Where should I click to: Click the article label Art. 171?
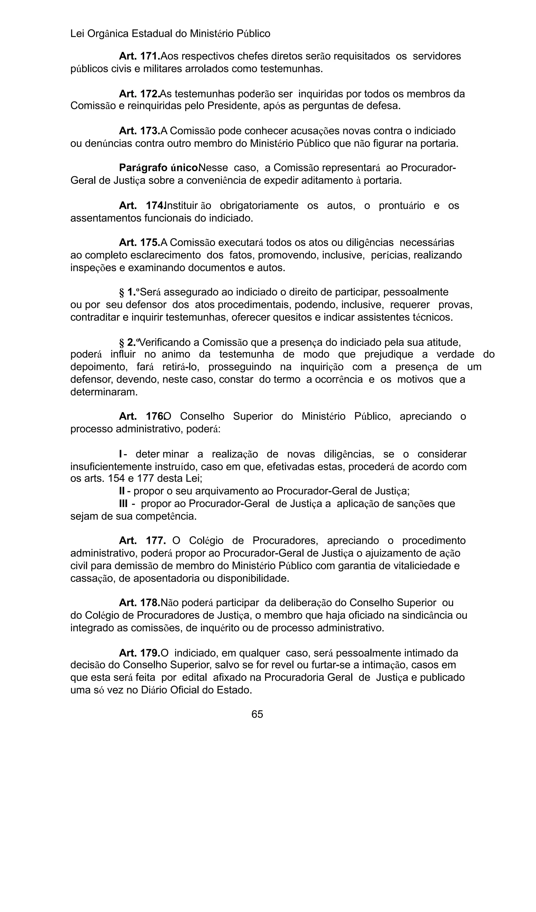click(139, 56)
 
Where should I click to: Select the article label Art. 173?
click(139, 131)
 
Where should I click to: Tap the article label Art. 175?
click(139, 242)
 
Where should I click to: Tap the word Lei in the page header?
click(77, 34)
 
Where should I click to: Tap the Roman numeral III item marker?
click(123, 504)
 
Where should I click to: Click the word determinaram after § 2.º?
click(104, 392)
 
